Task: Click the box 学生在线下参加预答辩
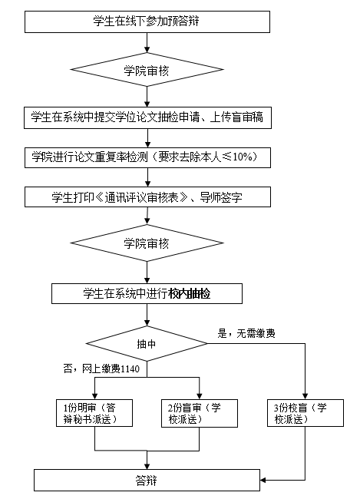click(147, 21)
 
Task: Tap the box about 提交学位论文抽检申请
click(147, 117)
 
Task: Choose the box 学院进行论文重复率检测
click(147, 157)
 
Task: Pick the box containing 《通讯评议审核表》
click(147, 196)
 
